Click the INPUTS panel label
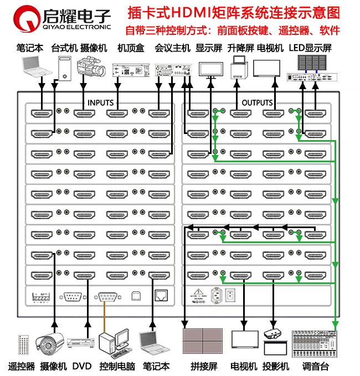(100, 102)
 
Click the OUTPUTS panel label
(257, 102)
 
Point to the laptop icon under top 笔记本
(35, 66)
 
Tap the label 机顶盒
(131, 48)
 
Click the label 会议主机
(173, 48)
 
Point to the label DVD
(82, 367)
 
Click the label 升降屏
(239, 48)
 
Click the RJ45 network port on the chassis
(161, 295)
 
